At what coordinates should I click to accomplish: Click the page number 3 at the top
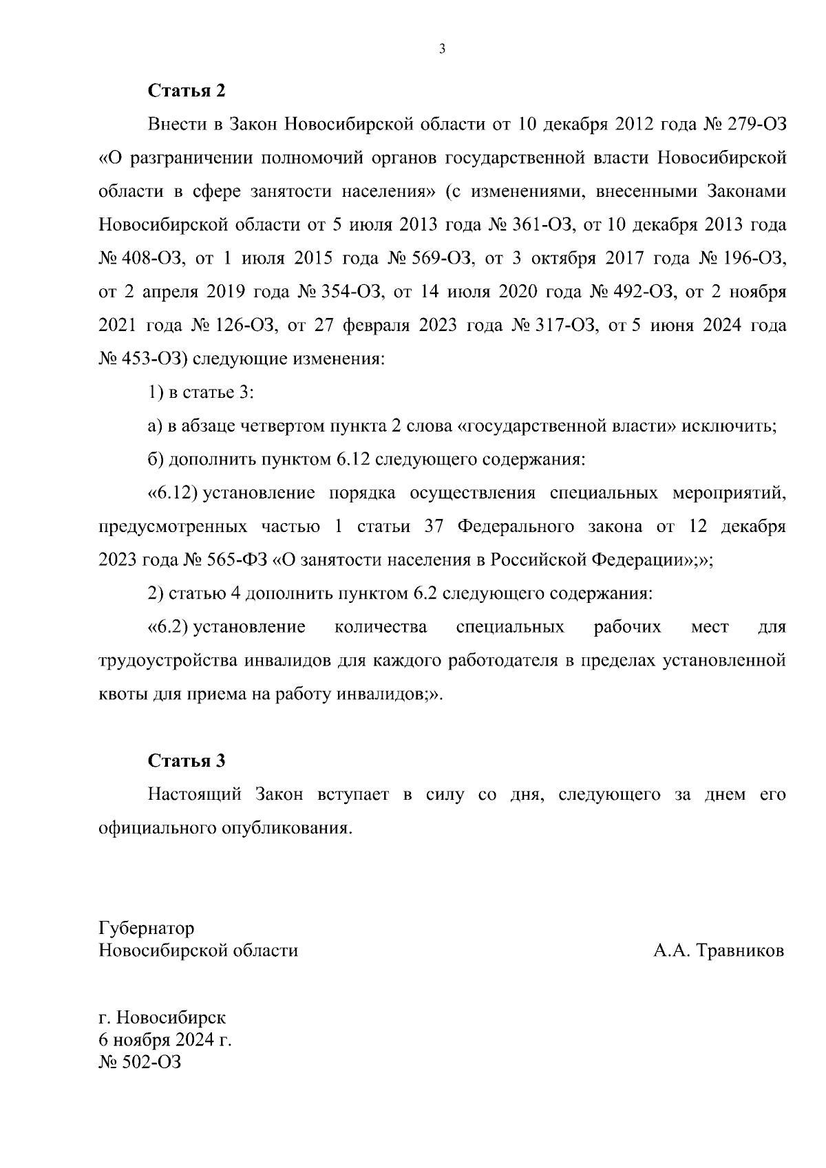[x=442, y=49]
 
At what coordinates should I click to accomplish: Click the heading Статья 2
[x=187, y=91]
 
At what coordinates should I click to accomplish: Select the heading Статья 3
[x=187, y=761]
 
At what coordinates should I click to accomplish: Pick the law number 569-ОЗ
[x=441, y=259]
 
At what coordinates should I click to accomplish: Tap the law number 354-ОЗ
[x=350, y=293]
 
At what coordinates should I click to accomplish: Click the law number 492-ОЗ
[x=642, y=293]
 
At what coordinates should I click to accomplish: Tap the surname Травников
[x=741, y=951]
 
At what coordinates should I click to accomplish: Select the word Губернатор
[x=147, y=928]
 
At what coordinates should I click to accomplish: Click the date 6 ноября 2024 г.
[x=165, y=1039]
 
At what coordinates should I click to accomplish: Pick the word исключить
[x=729, y=426]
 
